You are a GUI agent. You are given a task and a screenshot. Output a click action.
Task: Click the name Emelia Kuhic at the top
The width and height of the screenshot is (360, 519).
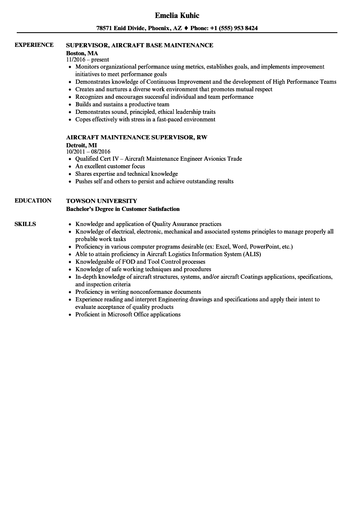coord(177,15)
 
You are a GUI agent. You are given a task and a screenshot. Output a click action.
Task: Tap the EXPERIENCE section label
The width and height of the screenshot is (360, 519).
coord(34,45)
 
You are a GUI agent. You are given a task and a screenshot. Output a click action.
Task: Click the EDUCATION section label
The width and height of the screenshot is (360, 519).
coord(33,200)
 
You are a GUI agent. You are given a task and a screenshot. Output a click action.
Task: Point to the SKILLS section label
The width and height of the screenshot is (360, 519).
coord(25,224)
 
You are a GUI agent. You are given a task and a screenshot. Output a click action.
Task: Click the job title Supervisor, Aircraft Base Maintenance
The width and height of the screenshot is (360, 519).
coord(139,45)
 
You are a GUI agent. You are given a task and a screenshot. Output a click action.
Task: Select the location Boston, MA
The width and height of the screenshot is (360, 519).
coord(82,53)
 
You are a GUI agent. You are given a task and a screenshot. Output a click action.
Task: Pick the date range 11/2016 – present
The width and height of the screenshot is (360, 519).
coord(87,60)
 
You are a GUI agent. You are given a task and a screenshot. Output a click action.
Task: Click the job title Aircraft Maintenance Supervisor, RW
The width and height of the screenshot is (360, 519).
coord(136,137)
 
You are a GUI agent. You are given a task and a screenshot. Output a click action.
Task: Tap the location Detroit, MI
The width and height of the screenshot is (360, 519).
coord(81,145)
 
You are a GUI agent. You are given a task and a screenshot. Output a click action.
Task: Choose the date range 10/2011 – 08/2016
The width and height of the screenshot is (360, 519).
coord(88,152)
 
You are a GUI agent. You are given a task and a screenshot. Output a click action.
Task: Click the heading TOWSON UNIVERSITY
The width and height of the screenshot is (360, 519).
coord(101,201)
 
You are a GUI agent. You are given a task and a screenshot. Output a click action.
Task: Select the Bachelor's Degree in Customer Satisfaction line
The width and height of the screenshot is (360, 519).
coord(123,209)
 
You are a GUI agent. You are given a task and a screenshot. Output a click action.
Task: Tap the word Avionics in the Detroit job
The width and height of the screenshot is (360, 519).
coord(214,159)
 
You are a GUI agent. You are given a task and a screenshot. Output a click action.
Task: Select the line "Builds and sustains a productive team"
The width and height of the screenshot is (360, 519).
coord(122,104)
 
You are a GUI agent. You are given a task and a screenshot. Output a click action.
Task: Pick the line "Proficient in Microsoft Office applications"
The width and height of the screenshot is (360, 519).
coord(128,314)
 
